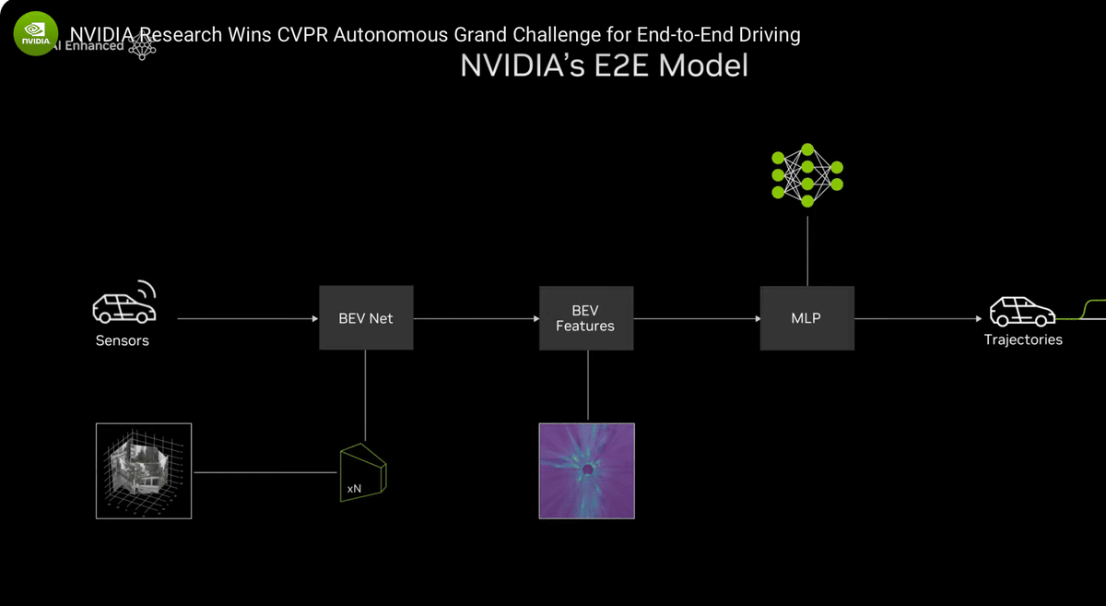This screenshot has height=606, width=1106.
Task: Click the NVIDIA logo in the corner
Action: coord(36,35)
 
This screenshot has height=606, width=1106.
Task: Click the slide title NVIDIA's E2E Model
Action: coord(604,66)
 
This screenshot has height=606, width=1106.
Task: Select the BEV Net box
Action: coord(366,318)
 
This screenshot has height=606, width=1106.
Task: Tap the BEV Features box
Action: coord(586,318)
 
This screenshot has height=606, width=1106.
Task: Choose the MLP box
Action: coord(806,318)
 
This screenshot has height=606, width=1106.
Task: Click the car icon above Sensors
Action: coord(124,303)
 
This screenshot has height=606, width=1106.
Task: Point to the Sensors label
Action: coord(122,340)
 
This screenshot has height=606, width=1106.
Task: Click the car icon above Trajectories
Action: coord(1022,312)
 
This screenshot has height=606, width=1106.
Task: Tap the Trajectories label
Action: coord(1023,339)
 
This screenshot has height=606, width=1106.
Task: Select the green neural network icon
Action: coord(807,174)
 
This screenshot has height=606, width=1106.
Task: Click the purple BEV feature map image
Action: coord(586,470)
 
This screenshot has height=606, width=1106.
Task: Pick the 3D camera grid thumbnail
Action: coord(144,470)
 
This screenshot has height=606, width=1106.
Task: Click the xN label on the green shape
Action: coord(353,488)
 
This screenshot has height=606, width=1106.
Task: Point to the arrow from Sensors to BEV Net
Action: coord(247,318)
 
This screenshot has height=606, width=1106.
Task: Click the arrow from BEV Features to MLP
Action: coord(697,318)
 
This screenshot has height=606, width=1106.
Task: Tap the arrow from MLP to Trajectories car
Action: coord(918,318)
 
